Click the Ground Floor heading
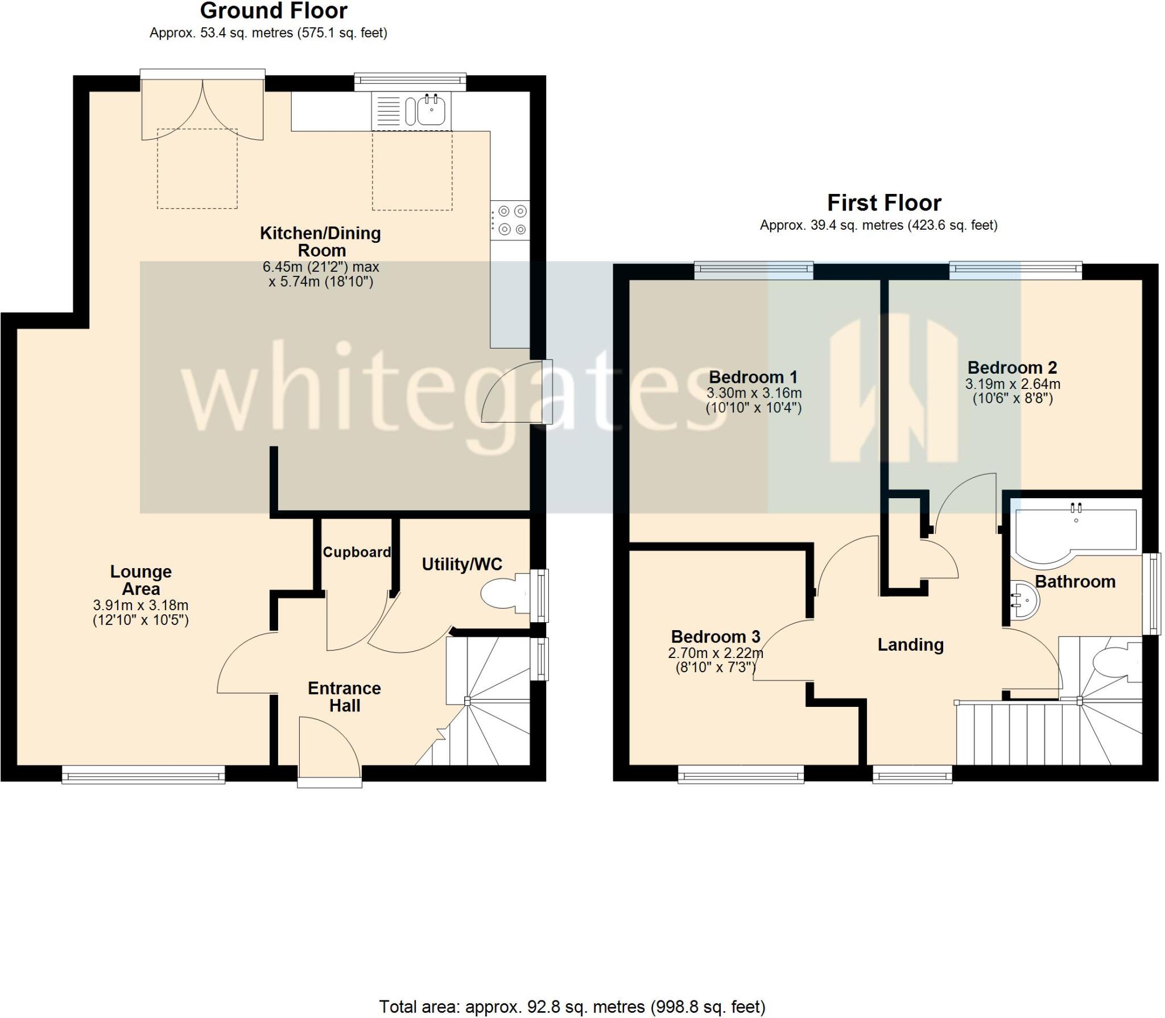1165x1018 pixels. pos(274,11)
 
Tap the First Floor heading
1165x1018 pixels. pos(883,203)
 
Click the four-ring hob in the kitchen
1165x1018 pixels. pos(510,220)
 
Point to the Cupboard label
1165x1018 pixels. pos(357,552)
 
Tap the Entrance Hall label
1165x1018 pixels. pos(344,697)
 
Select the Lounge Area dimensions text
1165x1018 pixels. pos(141,613)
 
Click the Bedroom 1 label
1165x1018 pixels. pos(753,377)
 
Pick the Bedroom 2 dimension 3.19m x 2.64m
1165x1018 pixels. pos(1013,384)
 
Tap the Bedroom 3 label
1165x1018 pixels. pos(715,636)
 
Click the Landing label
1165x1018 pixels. pos(910,644)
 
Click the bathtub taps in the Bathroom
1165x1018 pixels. pos(1076,507)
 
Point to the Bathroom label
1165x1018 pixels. pos(1075,581)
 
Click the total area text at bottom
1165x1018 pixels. pos(572,1007)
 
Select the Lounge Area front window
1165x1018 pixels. pos(143,775)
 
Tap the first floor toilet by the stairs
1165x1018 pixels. pos(1116,663)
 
